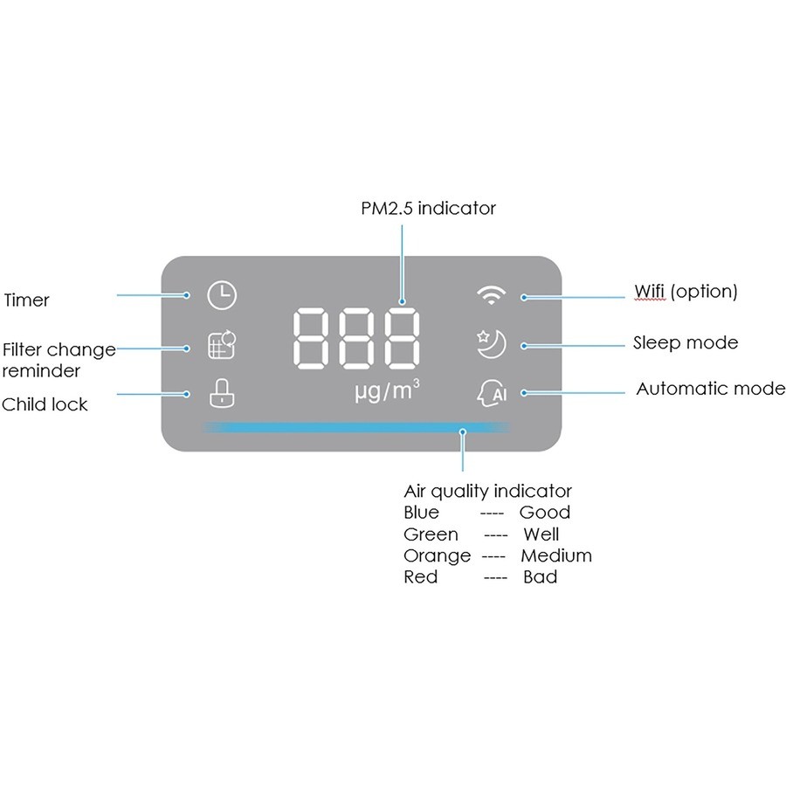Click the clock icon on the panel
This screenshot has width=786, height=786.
[221, 295]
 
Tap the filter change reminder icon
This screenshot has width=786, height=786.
[222, 345]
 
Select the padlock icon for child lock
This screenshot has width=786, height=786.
[222, 394]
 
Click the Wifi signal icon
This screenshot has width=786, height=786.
[491, 295]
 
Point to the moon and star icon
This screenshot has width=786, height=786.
[490, 344]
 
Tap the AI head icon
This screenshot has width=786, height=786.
[492, 394]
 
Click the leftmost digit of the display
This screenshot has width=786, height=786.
[311, 340]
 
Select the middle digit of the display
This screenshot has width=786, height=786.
[356, 340]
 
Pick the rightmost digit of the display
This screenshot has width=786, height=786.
[401, 340]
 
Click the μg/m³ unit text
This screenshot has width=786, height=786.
[387, 391]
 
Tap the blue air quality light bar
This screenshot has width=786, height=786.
[356, 428]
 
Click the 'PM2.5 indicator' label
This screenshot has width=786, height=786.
[428, 209]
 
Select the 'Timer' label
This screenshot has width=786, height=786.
[27, 300]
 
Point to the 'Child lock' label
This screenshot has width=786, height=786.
[45, 404]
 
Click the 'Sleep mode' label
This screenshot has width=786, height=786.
[686, 342]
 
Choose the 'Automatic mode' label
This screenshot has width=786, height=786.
[710, 389]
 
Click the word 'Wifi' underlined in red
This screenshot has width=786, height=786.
[650, 291]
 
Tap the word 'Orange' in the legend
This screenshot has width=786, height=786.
[437, 556]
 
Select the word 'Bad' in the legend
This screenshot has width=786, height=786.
[540, 577]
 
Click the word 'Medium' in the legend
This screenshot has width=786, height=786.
[556, 556]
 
